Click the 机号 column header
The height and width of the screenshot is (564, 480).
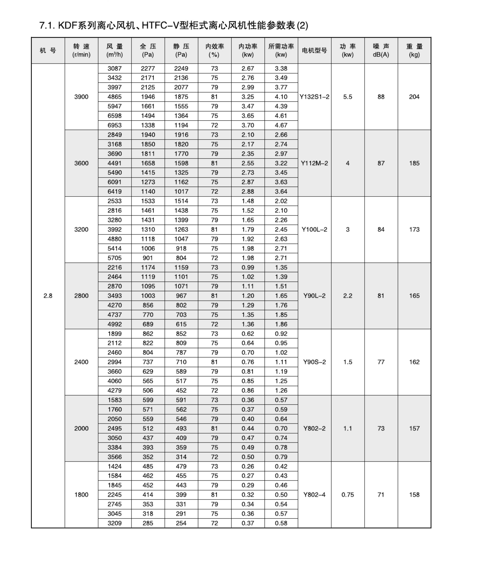point(48,51)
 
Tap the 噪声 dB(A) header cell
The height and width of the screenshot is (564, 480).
point(381,51)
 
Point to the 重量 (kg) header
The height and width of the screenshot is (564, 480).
point(414,51)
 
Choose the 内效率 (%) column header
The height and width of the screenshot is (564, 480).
point(214,51)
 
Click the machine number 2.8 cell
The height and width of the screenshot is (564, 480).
point(48,296)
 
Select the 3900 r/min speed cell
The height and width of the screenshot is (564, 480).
point(81,97)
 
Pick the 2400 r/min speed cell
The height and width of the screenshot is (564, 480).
point(81,362)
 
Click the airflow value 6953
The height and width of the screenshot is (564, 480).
point(115,125)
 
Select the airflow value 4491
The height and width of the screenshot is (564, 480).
point(115,163)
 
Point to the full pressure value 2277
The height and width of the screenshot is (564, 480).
point(148,69)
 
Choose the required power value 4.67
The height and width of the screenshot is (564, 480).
point(281,125)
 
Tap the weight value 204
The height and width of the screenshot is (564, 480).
point(414,97)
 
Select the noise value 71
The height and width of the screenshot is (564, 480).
point(381,495)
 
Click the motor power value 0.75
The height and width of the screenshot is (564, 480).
point(347,495)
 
